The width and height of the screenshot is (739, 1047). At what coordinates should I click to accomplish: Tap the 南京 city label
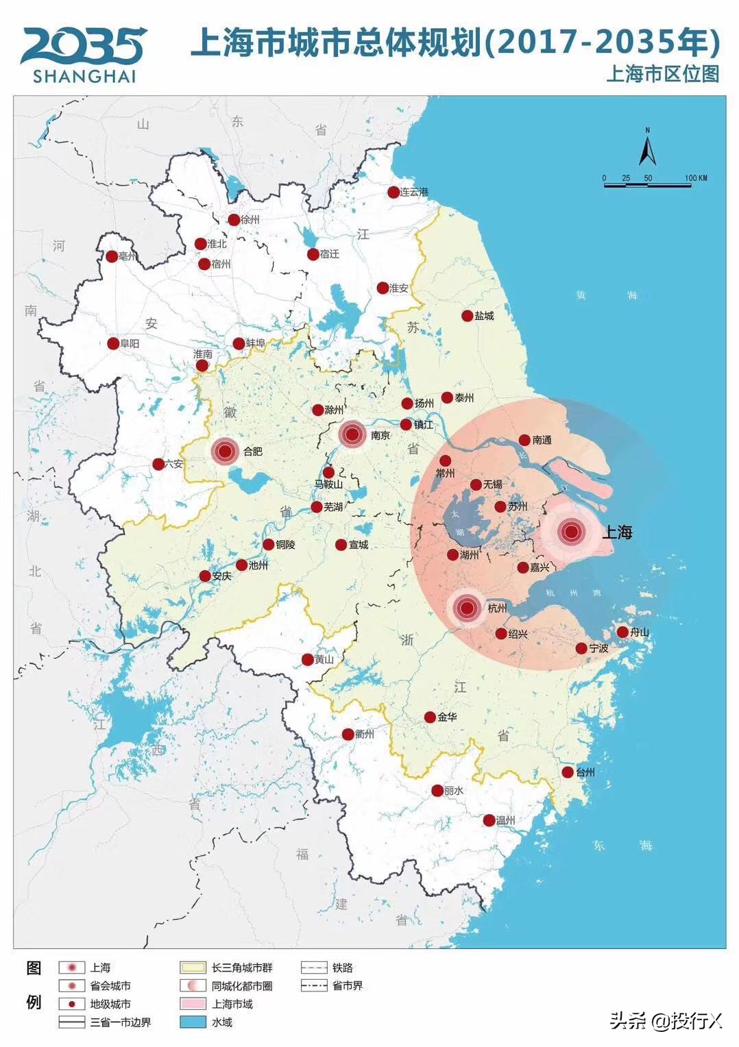[x=380, y=435]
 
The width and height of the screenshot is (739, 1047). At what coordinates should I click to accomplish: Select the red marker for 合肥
[x=225, y=451]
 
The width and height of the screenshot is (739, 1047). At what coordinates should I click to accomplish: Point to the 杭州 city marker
[x=468, y=608]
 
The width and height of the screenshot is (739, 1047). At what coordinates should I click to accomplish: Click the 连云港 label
[x=414, y=193]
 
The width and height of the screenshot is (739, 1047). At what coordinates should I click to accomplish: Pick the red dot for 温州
[x=489, y=820]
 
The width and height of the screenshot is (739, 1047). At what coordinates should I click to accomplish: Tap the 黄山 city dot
[x=308, y=659]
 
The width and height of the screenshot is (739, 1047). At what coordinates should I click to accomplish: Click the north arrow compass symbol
[x=647, y=147]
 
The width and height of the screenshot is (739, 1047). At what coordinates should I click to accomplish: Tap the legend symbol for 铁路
[x=313, y=968]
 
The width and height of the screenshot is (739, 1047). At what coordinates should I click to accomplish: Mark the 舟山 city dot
[x=622, y=632]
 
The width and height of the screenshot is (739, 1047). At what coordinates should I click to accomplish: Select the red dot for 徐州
[x=234, y=220]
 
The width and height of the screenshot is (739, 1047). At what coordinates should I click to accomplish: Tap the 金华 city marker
[x=430, y=717]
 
